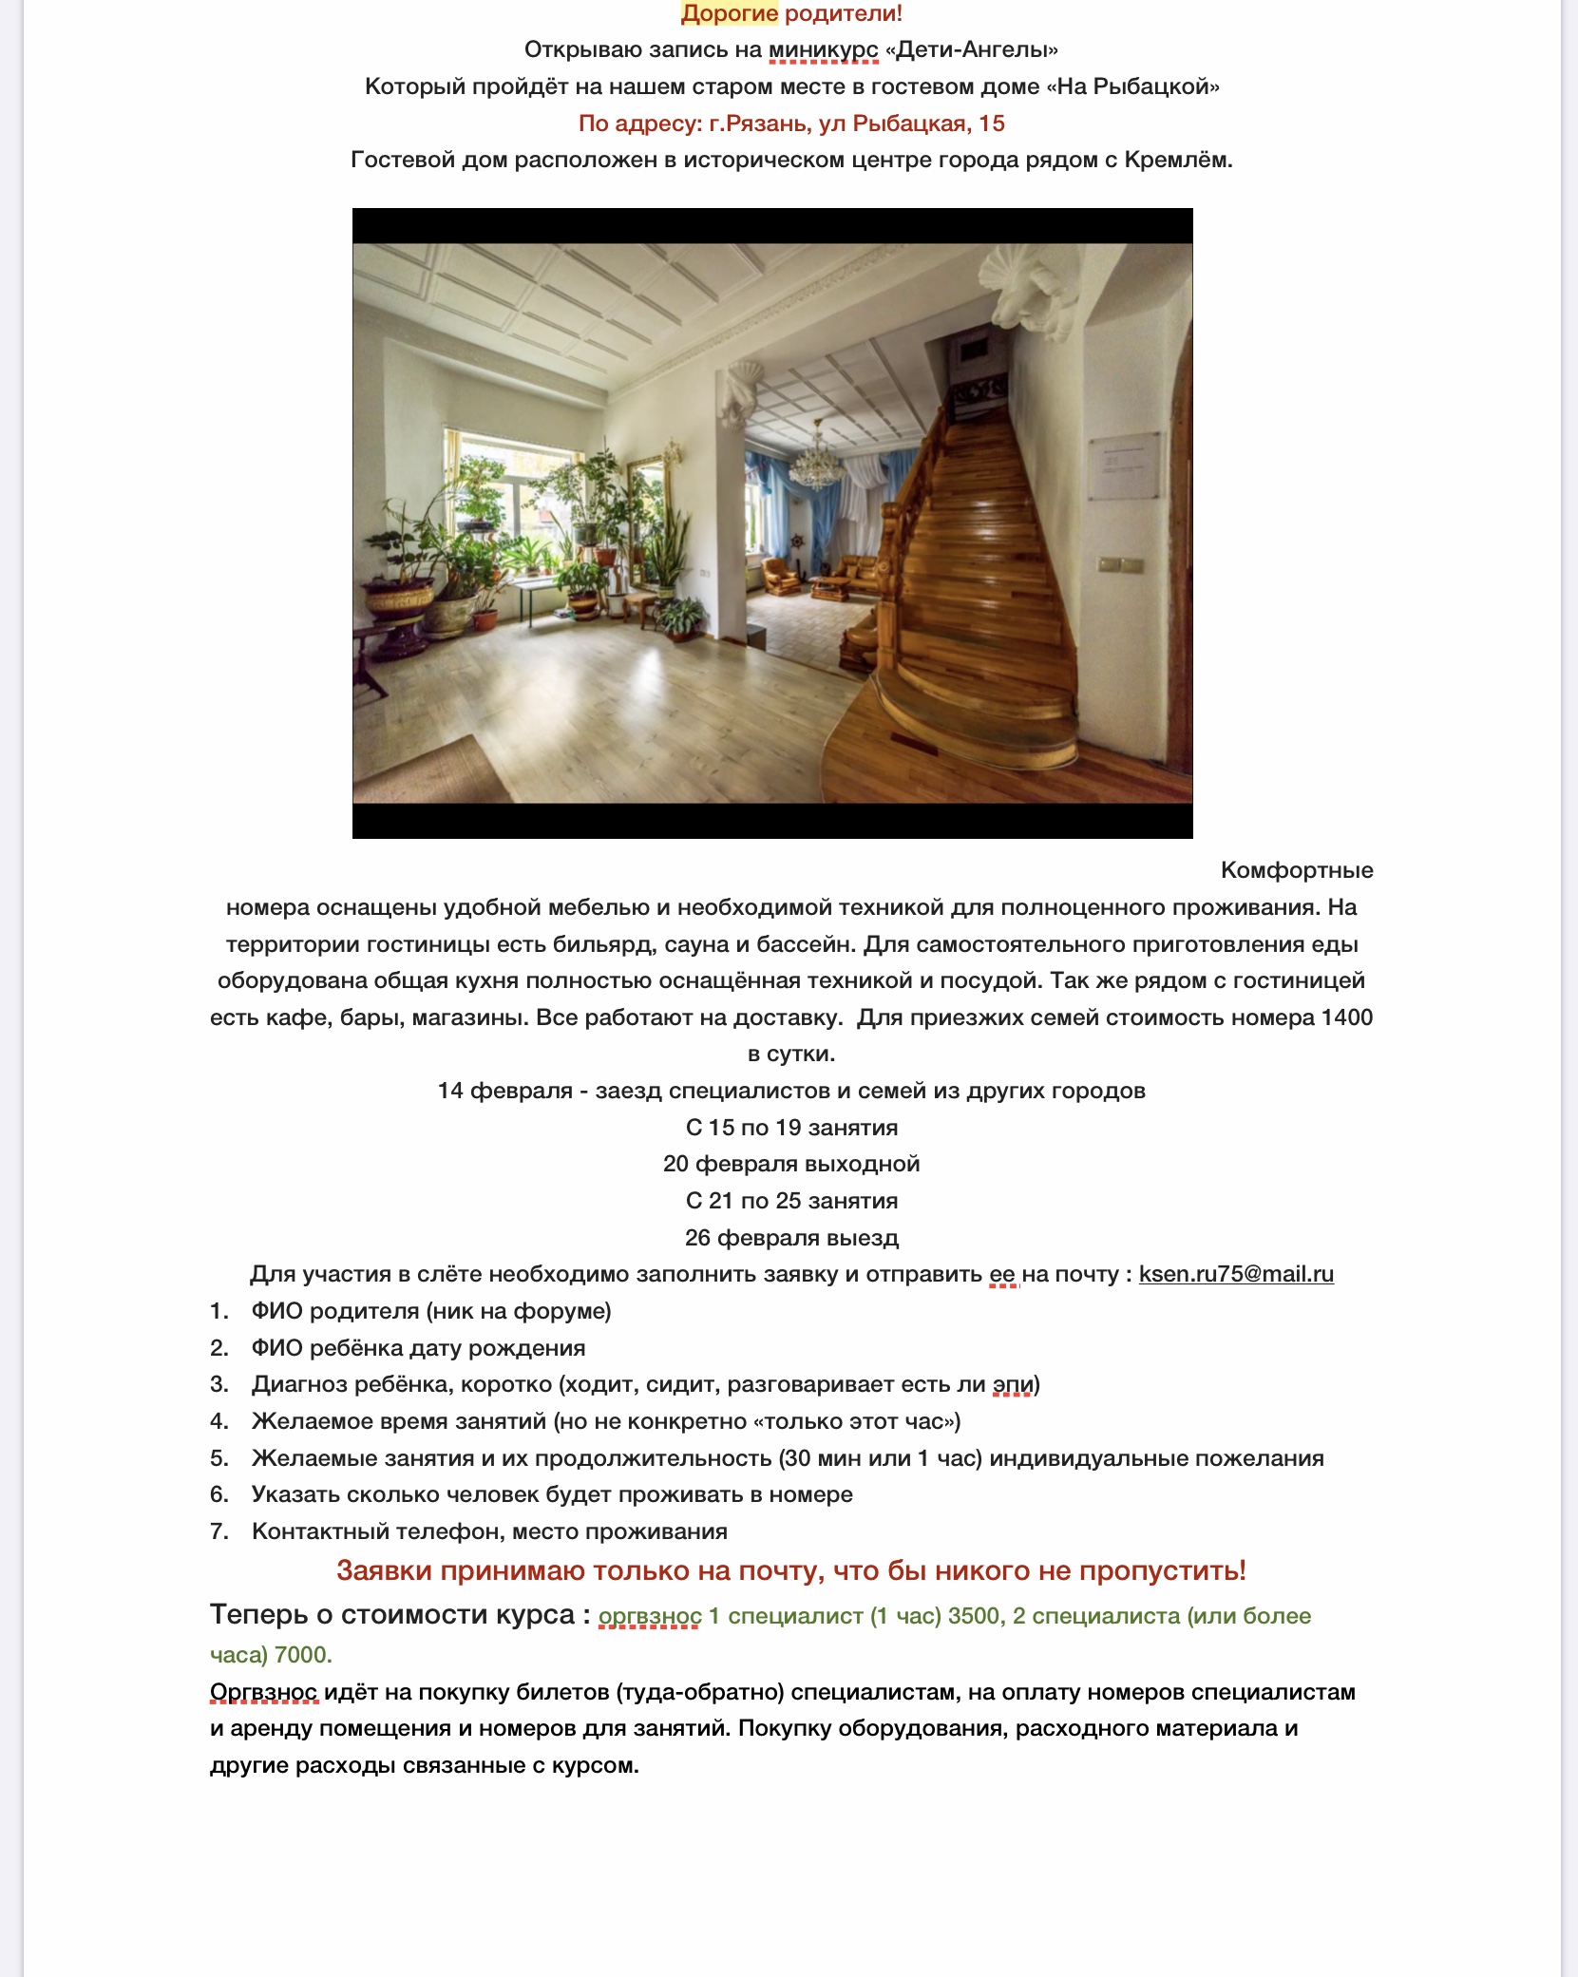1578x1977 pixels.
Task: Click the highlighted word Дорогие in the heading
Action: [x=730, y=13]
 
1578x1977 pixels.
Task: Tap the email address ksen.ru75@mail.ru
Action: [x=1236, y=1274]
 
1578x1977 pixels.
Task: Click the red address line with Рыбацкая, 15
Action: [x=791, y=124]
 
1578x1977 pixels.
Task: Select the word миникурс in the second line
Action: [x=823, y=49]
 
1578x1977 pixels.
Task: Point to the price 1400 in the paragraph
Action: [x=1346, y=1017]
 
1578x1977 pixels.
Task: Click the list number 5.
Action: [x=219, y=1458]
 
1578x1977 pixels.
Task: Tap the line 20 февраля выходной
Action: [x=791, y=1164]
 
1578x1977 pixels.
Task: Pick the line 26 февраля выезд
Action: [x=791, y=1238]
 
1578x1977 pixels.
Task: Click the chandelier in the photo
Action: [x=816, y=462]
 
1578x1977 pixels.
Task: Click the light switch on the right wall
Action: [x=1120, y=565]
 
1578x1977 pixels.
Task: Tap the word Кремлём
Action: [x=1177, y=160]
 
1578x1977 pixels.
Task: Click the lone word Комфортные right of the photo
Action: [x=1297, y=870]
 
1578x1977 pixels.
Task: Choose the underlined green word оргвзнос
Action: [x=650, y=1617]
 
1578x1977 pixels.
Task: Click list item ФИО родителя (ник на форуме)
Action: [x=431, y=1311]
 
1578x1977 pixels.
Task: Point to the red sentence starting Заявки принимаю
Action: [x=791, y=1571]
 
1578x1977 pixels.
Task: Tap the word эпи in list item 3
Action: [x=1013, y=1385]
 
